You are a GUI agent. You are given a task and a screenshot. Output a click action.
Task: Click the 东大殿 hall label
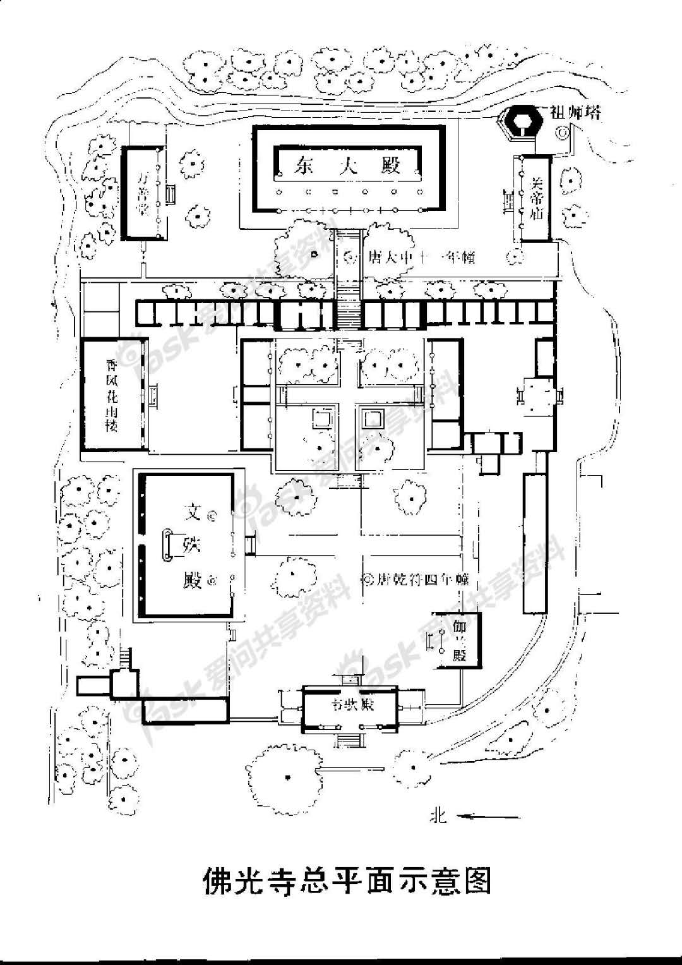point(347,165)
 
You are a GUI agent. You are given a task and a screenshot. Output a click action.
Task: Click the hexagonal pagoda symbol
point(522,120)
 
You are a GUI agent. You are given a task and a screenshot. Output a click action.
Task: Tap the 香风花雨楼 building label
point(112,395)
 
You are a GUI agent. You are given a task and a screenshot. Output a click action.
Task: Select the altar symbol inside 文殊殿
point(167,545)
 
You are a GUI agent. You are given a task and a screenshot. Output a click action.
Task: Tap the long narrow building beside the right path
point(534,543)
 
